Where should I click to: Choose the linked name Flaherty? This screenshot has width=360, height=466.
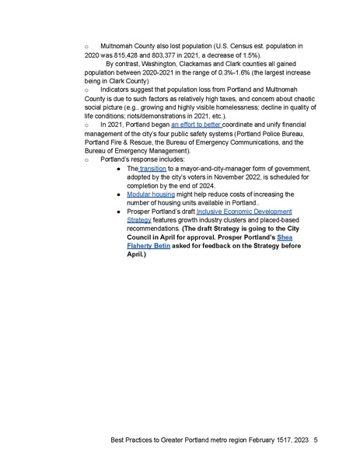click(145, 245)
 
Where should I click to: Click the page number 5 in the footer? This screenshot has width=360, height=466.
click(316, 440)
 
